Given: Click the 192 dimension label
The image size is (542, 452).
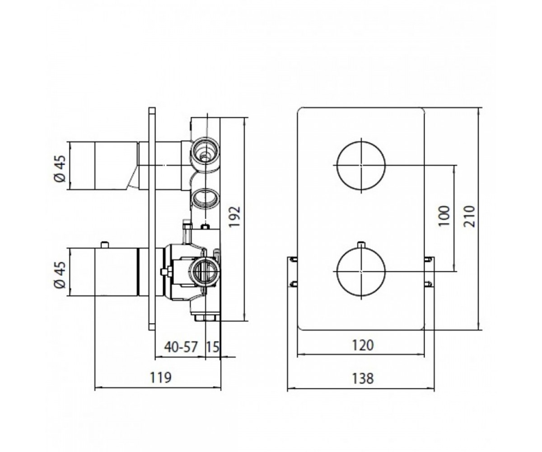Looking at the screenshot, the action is coord(235,217).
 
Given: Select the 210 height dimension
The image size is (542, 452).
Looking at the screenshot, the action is coord(469,217).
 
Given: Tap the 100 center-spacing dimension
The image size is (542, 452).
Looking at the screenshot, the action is coord(444,216).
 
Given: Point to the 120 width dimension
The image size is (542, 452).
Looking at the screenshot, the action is coord(363,345).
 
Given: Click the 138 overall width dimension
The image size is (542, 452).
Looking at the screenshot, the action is coord(363,378).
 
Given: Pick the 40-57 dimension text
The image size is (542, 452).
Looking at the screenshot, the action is coord(181,347).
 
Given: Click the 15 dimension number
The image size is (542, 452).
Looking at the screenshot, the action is coord(213,347).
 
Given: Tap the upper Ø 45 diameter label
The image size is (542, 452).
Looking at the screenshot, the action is coord(60,169).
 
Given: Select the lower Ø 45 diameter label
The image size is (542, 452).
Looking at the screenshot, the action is coord(60,275).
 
